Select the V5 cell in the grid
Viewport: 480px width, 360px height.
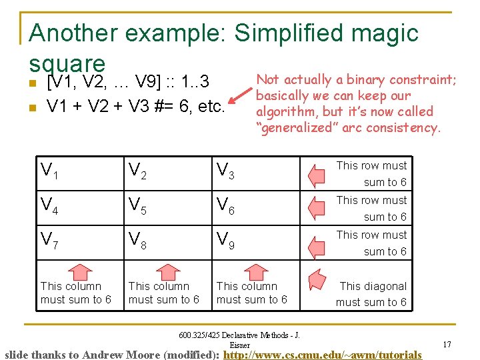tap(137, 207)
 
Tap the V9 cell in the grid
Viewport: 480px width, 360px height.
tap(225, 241)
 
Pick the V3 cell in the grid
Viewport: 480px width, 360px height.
tap(225, 172)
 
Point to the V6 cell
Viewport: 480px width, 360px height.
tap(225, 207)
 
